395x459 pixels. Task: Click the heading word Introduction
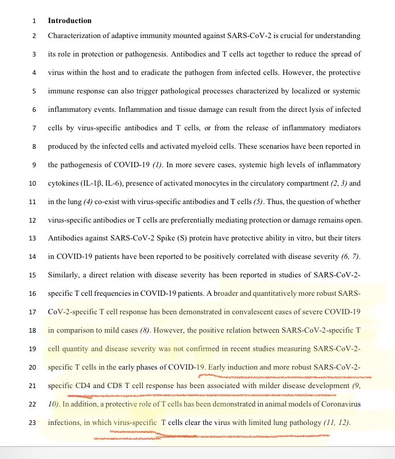69,21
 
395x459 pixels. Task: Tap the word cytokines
65,183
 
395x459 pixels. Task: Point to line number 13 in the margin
32,239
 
